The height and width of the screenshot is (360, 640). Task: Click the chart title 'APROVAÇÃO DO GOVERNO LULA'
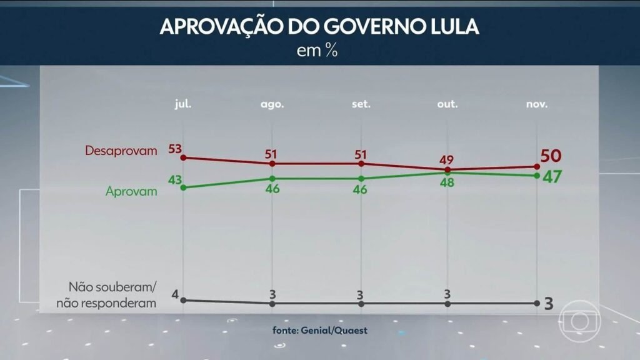(319, 27)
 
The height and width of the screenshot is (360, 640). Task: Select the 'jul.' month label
(182, 104)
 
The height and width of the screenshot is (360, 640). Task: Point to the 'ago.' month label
(272, 104)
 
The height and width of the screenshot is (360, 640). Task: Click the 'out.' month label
(447, 104)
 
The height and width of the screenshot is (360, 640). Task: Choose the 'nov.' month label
(536, 104)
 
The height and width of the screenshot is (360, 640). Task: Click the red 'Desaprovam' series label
(121, 151)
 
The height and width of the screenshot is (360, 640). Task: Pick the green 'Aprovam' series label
(131, 191)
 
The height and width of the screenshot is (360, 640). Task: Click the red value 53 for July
(174, 148)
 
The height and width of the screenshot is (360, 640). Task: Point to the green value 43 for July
(175, 181)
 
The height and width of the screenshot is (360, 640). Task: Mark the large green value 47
(552, 177)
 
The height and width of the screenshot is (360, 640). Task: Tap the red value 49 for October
(448, 158)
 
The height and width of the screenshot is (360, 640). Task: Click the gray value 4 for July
(176, 294)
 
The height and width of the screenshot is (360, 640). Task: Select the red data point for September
(361, 164)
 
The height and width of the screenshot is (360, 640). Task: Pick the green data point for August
(272, 178)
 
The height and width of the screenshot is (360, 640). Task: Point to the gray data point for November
(536, 304)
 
